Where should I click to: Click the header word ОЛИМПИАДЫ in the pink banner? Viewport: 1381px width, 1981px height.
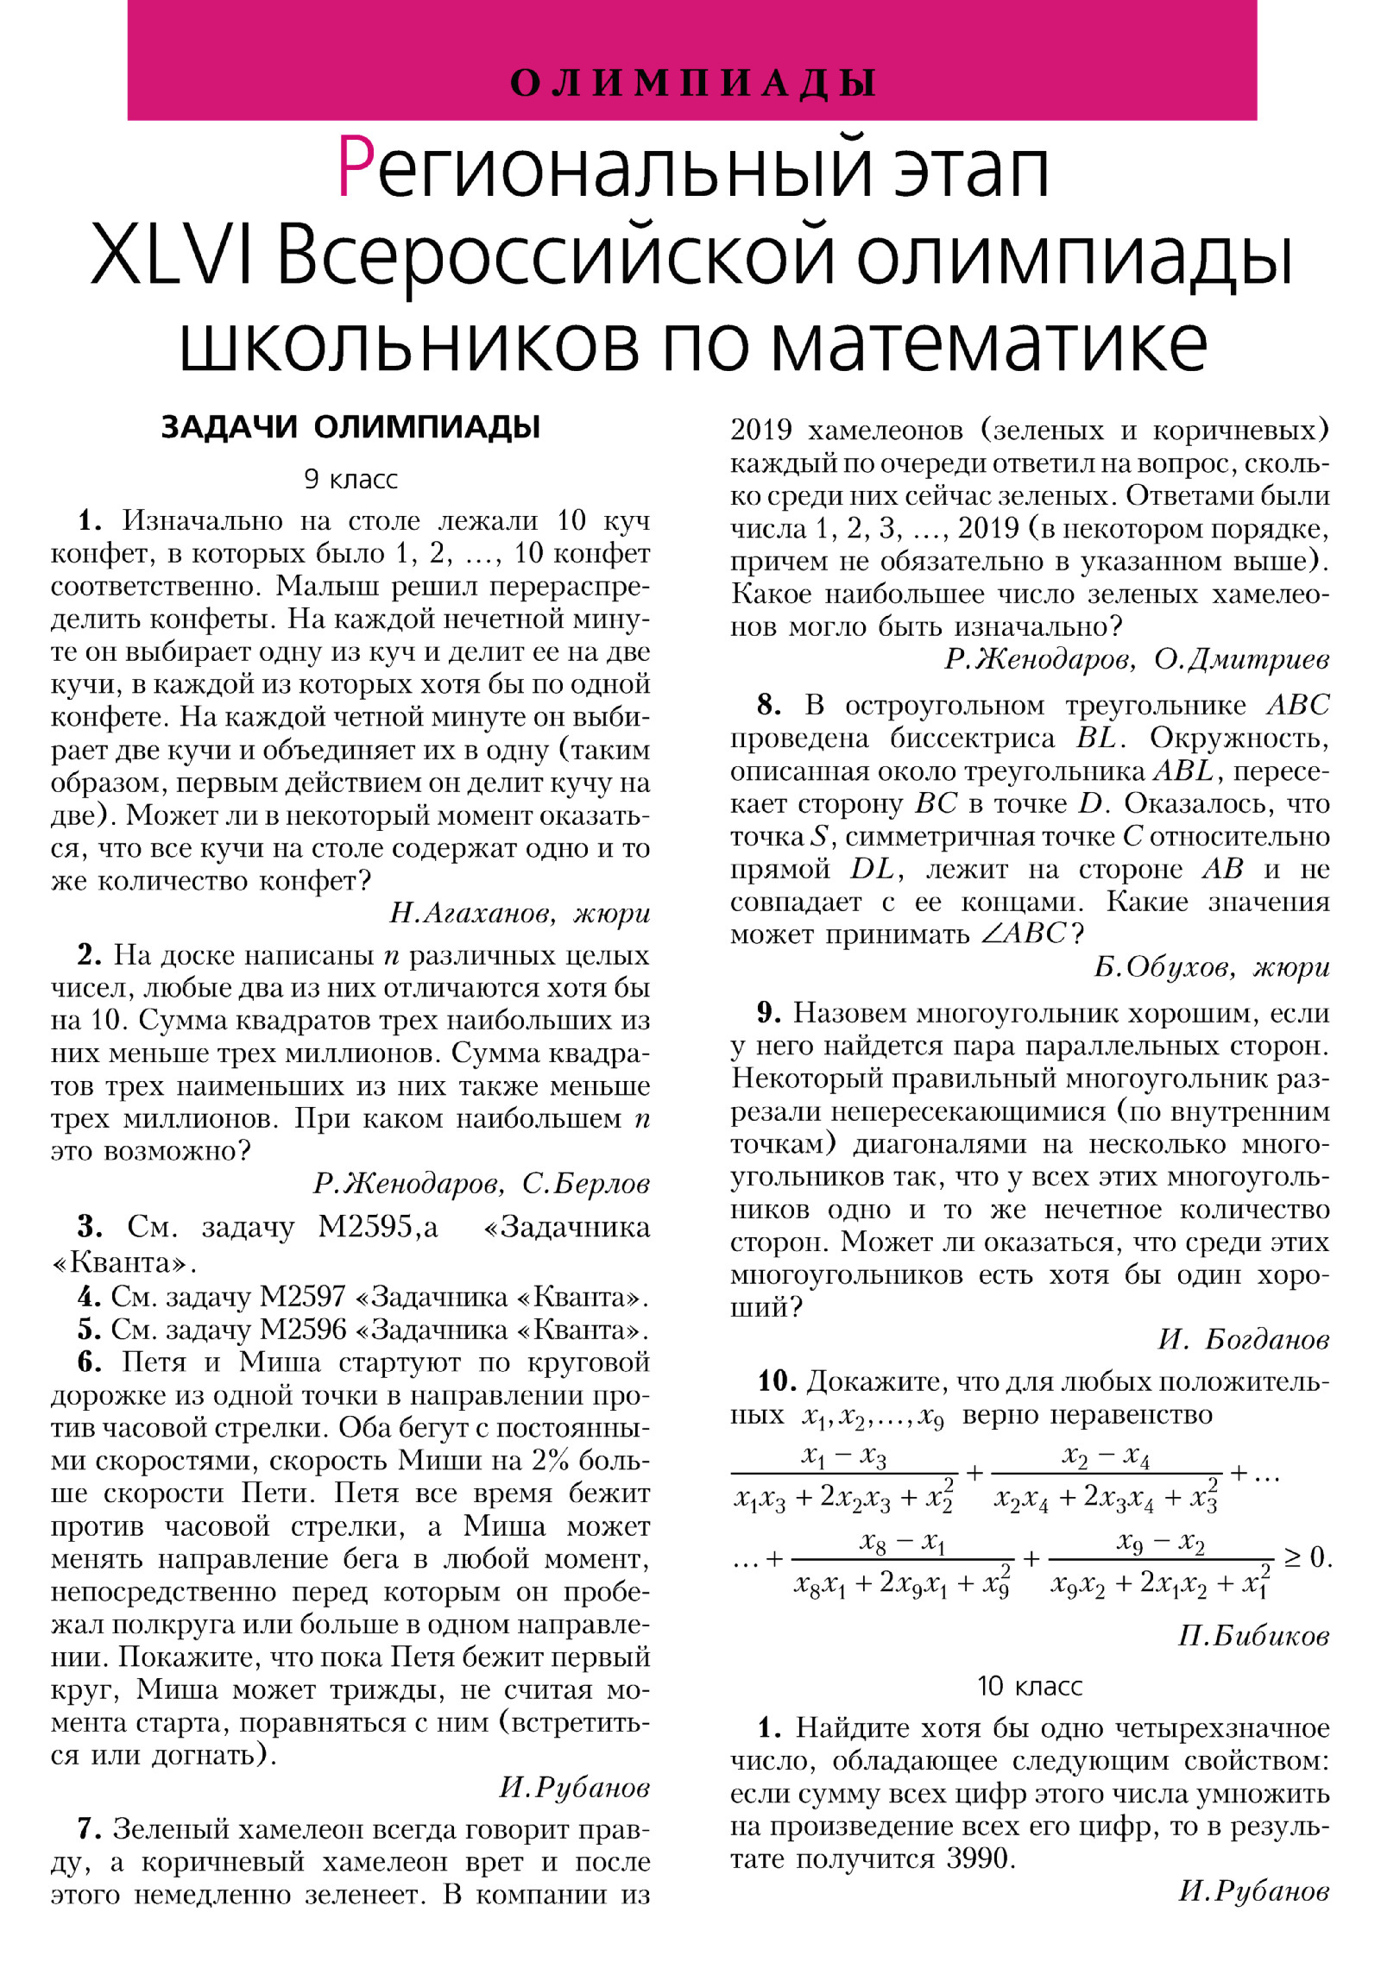(x=692, y=83)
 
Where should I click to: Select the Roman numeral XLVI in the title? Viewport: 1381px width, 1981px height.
(x=172, y=255)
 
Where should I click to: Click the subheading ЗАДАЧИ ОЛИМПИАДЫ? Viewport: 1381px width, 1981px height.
(x=350, y=427)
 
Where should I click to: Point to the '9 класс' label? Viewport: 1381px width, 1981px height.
(x=350, y=479)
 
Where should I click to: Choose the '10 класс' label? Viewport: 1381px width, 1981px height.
(x=1029, y=1686)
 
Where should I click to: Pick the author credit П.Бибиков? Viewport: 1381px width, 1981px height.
(x=1253, y=1636)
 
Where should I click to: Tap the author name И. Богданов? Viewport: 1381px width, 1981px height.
(x=1243, y=1339)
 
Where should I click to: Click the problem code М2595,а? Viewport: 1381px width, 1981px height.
(x=377, y=1226)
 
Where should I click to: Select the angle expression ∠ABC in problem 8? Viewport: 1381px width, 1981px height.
(x=1024, y=934)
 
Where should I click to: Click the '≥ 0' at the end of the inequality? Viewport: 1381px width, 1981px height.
(x=1308, y=1557)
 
